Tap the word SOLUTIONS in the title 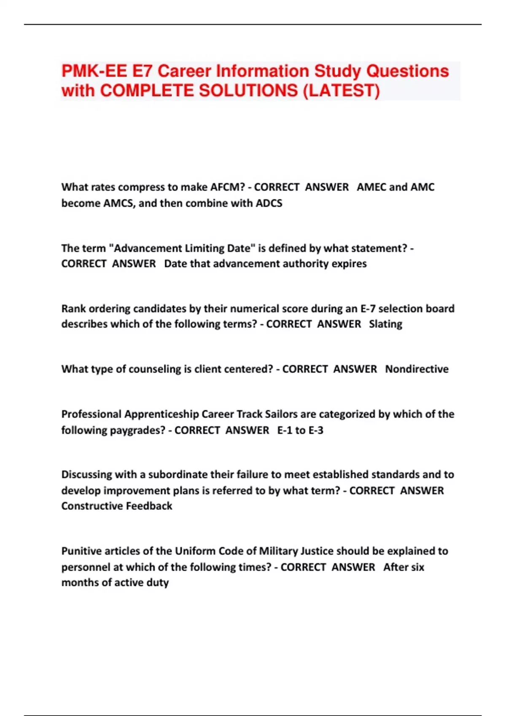tap(248, 91)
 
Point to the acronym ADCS tap(269, 203)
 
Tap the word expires tap(349, 264)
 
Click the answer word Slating tap(385, 324)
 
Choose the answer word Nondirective tap(417, 369)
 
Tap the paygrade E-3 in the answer tap(315, 430)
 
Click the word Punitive tap(81, 551)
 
